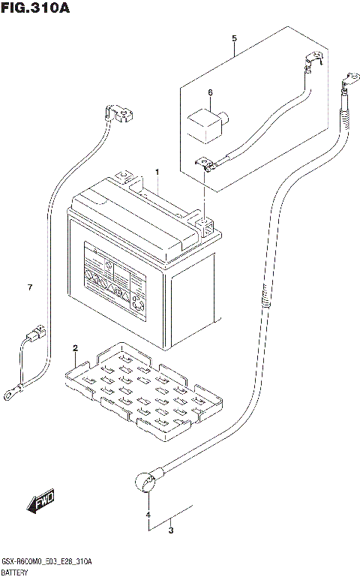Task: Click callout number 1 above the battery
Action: tap(157, 173)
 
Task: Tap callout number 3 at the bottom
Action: tap(148, 515)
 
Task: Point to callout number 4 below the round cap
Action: tap(234, 38)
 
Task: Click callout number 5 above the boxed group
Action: tap(210, 93)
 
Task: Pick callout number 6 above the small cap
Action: tap(29, 287)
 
